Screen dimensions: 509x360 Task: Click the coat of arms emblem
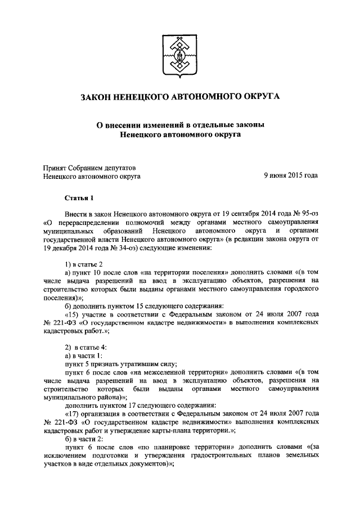click(180, 58)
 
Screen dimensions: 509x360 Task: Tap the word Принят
click(55, 167)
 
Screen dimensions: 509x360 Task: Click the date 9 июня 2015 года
click(291, 175)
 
